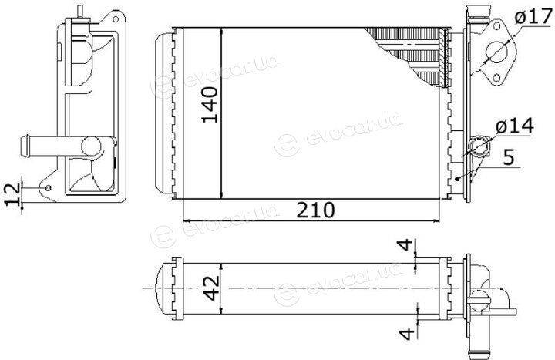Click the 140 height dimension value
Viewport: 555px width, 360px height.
click(210, 105)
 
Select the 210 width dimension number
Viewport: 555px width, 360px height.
click(315, 210)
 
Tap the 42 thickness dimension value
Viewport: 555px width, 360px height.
click(212, 288)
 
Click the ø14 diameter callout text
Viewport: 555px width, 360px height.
click(514, 126)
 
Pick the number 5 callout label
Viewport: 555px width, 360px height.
click(509, 156)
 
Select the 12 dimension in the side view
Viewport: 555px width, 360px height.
click(13, 195)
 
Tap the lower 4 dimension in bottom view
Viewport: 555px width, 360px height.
click(406, 333)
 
